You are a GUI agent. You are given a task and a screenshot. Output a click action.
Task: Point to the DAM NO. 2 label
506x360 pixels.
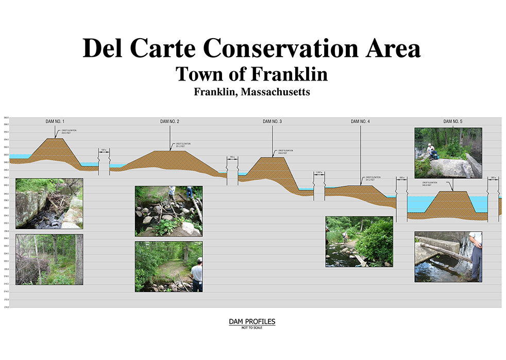[170, 121]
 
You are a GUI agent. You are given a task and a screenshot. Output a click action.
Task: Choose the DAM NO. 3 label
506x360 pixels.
[272, 121]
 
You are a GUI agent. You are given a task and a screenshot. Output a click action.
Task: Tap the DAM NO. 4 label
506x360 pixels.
[360, 121]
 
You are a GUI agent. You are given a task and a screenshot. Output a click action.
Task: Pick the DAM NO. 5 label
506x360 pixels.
[453, 121]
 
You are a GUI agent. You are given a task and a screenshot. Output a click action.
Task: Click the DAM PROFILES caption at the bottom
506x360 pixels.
[252, 322]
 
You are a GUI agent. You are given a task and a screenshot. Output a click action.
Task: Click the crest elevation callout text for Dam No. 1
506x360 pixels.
[69, 132]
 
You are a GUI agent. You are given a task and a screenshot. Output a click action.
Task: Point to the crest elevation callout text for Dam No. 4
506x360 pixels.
[372, 178]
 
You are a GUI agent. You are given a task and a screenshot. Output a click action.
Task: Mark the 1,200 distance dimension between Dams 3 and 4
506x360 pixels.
[318, 172]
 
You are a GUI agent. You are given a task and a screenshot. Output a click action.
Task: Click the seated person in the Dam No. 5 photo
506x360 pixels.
[431, 151]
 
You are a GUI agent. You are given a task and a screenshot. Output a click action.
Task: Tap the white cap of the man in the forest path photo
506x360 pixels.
[199, 259]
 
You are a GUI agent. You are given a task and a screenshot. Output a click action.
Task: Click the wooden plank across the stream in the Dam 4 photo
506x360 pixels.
[361, 260]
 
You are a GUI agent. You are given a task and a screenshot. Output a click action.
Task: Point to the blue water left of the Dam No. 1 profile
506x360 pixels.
[21, 156]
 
